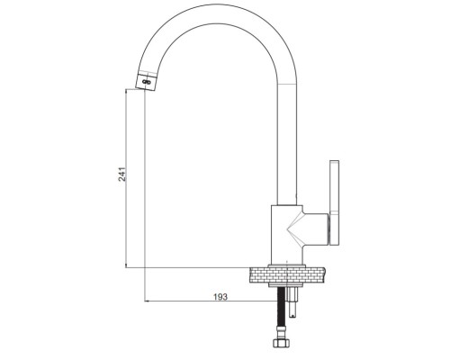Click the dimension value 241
pos(122,174)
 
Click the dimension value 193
pos(220,297)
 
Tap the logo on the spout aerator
pos(147,82)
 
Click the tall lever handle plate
pos(335,202)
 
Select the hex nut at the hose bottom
pos(281,343)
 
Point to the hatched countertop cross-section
pos(287,274)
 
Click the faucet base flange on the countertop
pos(287,265)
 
